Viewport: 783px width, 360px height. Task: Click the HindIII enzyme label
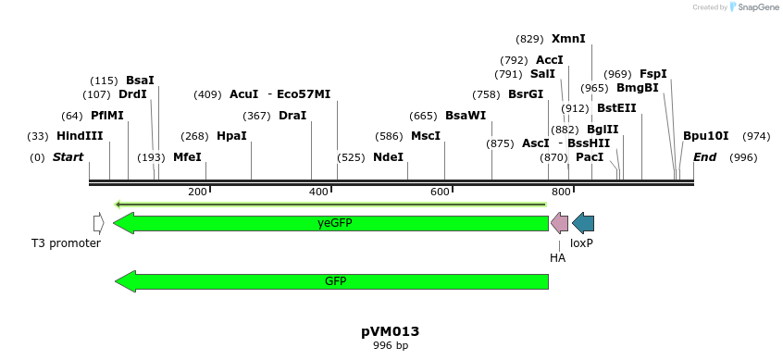coord(79,136)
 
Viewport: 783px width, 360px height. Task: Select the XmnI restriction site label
coord(568,39)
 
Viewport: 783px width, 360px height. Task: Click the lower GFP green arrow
coord(332,280)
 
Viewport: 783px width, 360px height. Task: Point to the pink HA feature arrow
coord(559,223)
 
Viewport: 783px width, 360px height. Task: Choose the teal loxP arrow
coord(583,223)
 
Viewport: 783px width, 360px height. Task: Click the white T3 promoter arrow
coord(98,223)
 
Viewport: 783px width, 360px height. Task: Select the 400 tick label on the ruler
coord(318,192)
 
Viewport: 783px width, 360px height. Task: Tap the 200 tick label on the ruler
coord(197,192)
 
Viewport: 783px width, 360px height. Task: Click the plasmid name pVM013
coord(390,331)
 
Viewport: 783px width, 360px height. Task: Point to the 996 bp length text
coord(390,346)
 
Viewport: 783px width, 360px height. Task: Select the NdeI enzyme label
coord(388,157)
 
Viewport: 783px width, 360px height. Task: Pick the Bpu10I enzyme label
coord(705,136)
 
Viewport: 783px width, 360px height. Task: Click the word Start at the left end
coord(68,157)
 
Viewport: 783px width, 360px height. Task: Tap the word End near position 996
coord(704,157)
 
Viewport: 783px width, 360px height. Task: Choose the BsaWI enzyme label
coord(465,116)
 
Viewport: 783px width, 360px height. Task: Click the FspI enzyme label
coord(652,74)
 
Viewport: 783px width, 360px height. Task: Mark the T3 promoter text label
coord(66,243)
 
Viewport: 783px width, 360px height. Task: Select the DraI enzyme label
coord(292,116)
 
